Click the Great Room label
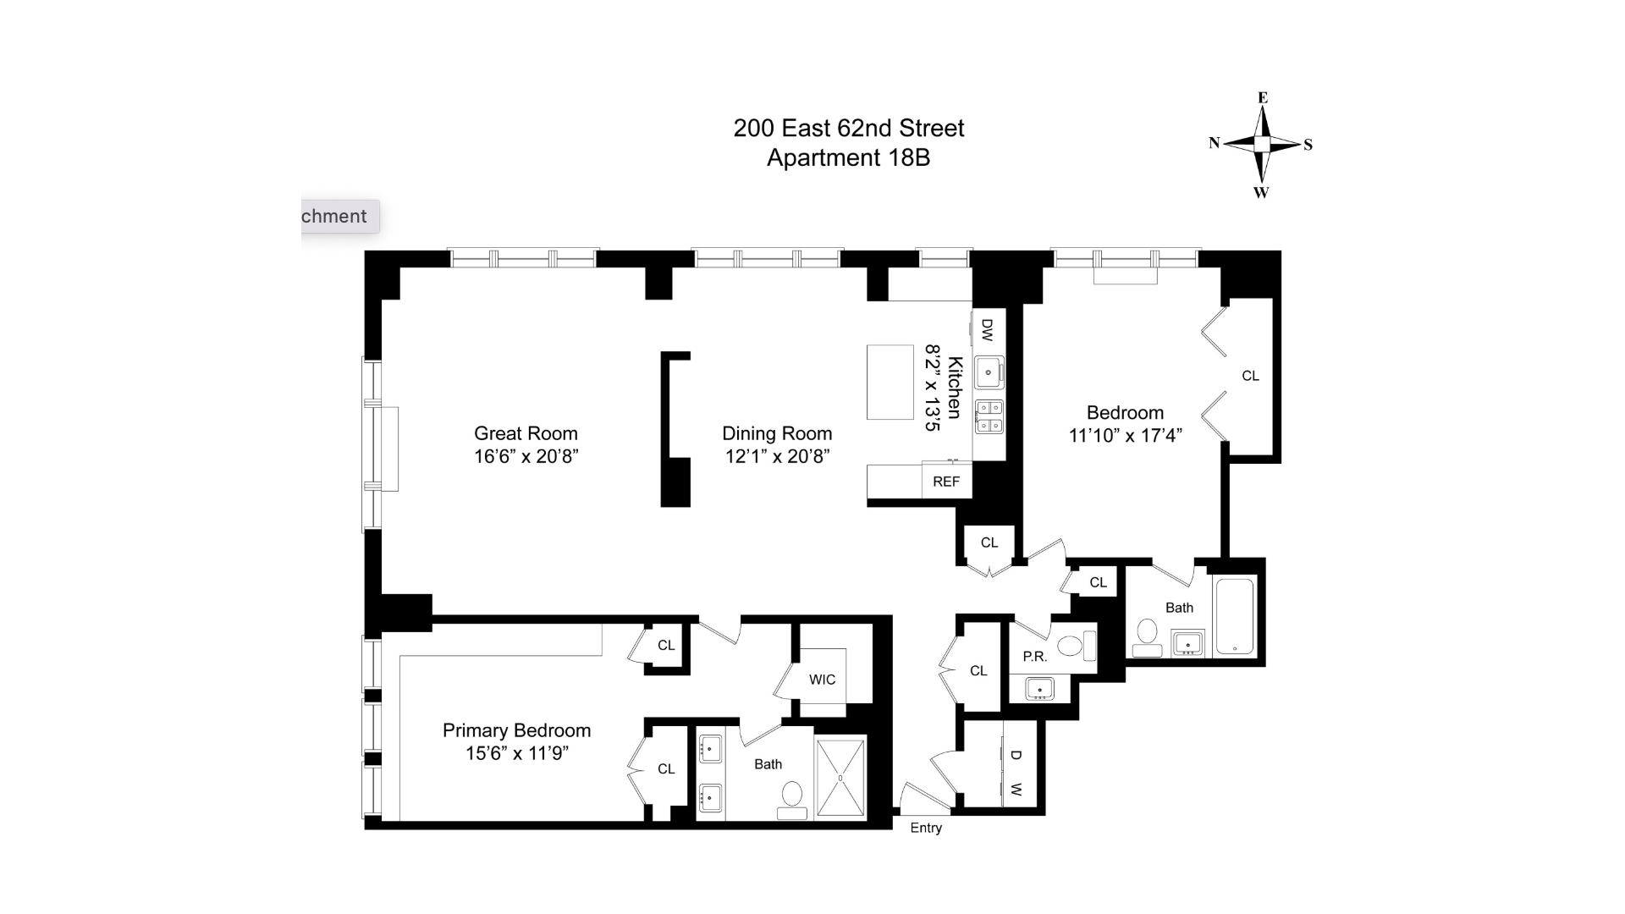tap(526, 433)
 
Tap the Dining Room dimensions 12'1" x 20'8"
tap(777, 457)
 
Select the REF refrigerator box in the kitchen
tap(946, 482)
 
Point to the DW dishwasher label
tap(987, 329)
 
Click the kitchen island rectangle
tap(890, 382)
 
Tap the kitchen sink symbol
tap(989, 372)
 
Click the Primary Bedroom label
tap(516, 730)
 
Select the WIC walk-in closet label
tap(822, 680)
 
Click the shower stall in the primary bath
tap(840, 778)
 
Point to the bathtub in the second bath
tap(1235, 616)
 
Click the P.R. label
tap(1034, 657)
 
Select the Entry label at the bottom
tap(926, 828)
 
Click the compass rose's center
tap(1262, 145)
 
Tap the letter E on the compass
tap(1263, 98)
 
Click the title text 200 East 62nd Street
tap(848, 129)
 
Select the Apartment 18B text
tap(848, 158)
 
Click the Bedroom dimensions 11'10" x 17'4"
tap(1125, 436)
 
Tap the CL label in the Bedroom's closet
tap(1250, 376)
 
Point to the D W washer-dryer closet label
tap(1016, 772)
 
